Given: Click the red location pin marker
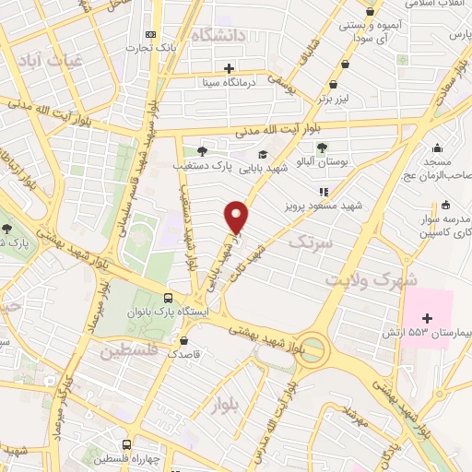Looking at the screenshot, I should (x=238, y=216).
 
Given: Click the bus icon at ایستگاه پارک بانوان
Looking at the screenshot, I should (x=168, y=298).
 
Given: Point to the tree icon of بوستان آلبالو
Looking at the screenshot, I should (x=321, y=147).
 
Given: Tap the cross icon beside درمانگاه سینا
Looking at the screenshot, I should (x=230, y=67).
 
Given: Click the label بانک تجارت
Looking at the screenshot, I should (x=149, y=45).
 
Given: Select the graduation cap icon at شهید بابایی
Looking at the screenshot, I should (x=264, y=155).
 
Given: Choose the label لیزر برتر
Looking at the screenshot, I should (x=323, y=96).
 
